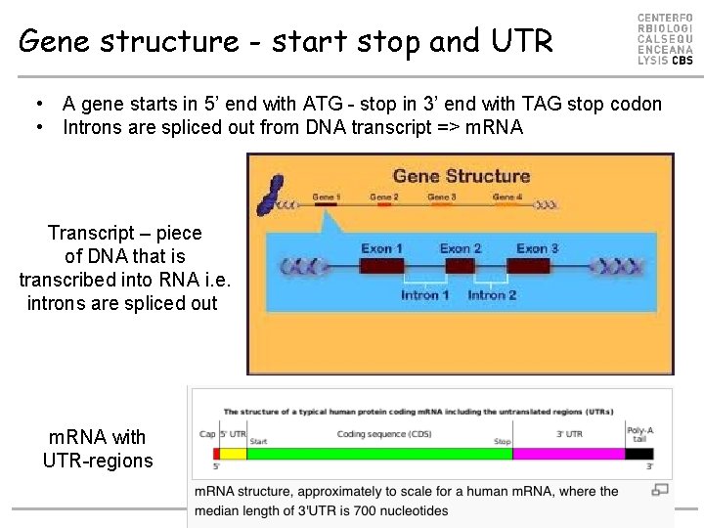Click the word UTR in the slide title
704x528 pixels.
[x=521, y=41]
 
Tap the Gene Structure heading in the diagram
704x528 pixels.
[x=461, y=176]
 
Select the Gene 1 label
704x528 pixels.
[x=327, y=198]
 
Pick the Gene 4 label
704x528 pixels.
[x=506, y=198]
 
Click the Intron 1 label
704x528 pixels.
[x=425, y=295]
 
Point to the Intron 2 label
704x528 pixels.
[x=492, y=295]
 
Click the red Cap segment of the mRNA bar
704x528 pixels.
[x=216, y=454]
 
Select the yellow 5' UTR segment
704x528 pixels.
[x=233, y=454]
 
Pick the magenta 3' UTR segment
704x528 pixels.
[x=568, y=454]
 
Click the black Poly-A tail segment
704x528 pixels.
[x=638, y=454]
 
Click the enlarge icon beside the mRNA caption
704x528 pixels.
[x=660, y=490]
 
